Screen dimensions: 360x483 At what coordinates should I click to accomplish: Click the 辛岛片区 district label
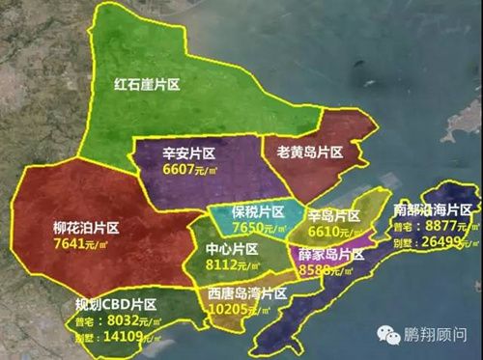click(x=334, y=216)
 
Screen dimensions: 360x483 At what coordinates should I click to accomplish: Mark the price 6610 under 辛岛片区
click(x=326, y=233)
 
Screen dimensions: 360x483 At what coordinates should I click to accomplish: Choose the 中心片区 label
click(x=233, y=249)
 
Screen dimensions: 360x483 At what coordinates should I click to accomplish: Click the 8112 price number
click(x=224, y=265)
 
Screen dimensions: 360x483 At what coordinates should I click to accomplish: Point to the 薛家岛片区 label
click(x=330, y=254)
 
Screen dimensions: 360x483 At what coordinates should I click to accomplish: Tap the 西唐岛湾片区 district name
click(x=247, y=291)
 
